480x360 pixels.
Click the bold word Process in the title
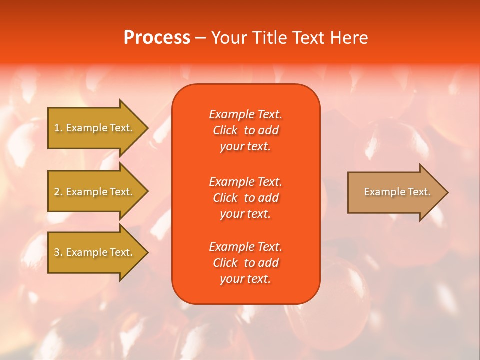tap(157, 38)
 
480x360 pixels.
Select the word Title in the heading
tap(270, 38)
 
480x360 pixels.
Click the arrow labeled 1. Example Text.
tap(94, 128)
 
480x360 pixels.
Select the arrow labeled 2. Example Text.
tap(94, 192)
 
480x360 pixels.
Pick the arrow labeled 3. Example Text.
tap(94, 252)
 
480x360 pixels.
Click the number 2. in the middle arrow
tap(58, 192)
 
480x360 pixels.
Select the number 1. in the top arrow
tap(58, 128)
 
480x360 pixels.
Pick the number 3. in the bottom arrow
tap(58, 252)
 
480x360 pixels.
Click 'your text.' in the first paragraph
tap(245, 147)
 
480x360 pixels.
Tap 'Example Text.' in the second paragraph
tap(245, 181)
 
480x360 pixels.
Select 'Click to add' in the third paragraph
tap(245, 263)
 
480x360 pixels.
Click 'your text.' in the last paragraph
tap(245, 279)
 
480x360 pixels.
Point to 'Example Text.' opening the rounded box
tap(245, 114)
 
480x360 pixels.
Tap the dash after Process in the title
tap(200, 38)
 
